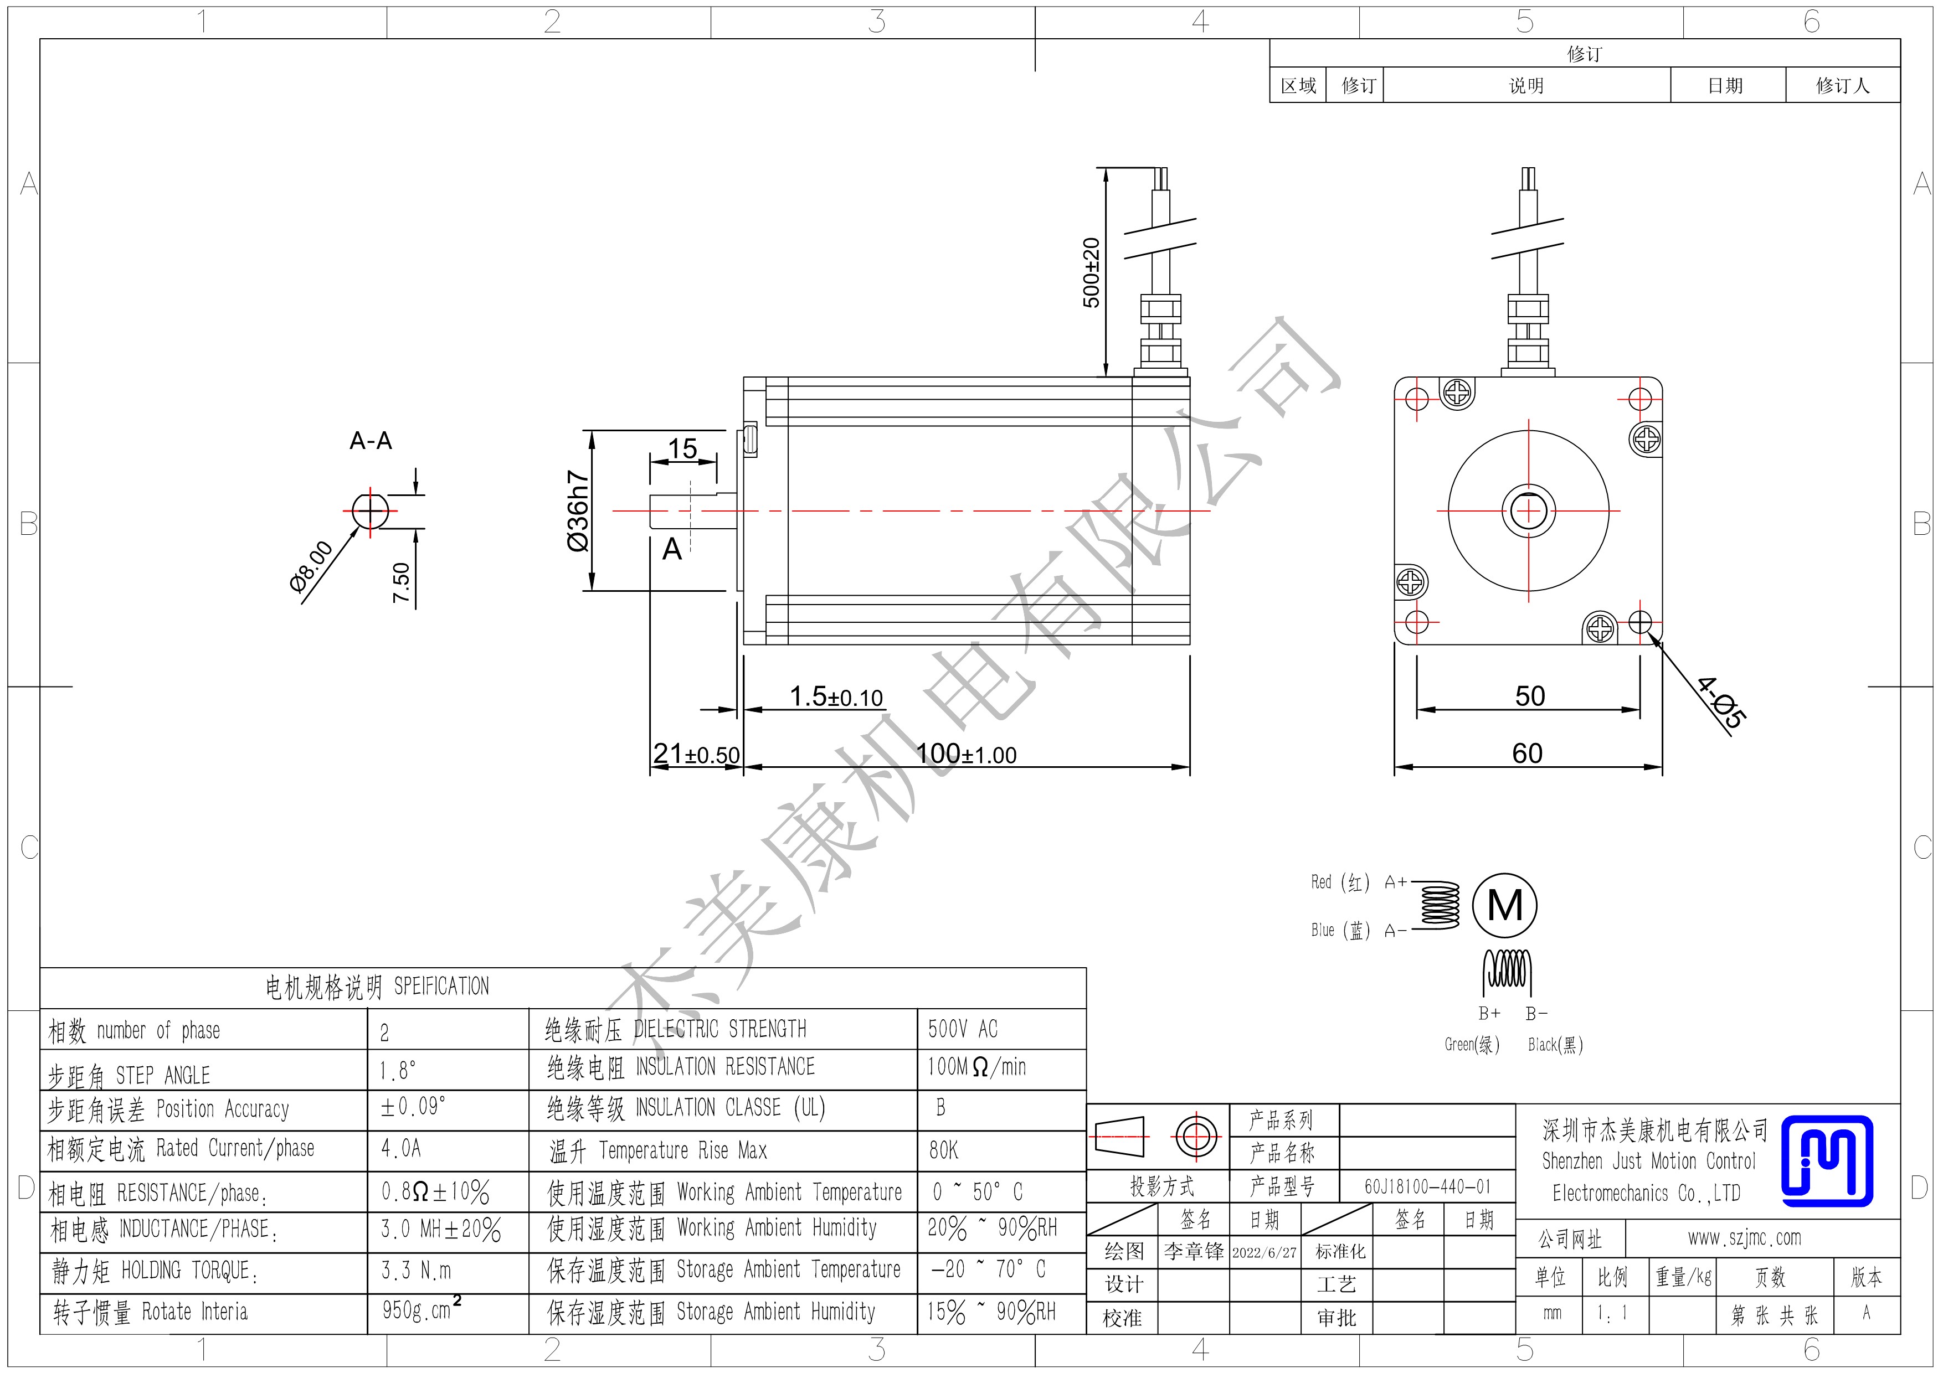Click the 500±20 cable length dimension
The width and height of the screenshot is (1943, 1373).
[1092, 273]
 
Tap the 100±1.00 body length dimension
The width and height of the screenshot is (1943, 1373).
[967, 753]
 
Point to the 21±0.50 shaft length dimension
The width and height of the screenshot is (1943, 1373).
[696, 753]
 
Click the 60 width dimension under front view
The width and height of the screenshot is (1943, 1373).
[1528, 753]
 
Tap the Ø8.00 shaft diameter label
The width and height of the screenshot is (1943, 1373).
[311, 567]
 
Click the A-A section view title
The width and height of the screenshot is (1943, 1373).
[371, 441]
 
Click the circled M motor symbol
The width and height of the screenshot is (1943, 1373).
[1505, 906]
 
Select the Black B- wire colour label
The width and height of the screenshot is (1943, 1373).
[1555, 1045]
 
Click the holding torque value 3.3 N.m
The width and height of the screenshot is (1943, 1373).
[417, 1271]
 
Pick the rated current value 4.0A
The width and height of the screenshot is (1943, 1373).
[401, 1148]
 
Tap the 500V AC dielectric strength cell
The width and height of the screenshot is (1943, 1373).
[963, 1029]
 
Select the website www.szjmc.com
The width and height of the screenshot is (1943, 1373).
[1744, 1238]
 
